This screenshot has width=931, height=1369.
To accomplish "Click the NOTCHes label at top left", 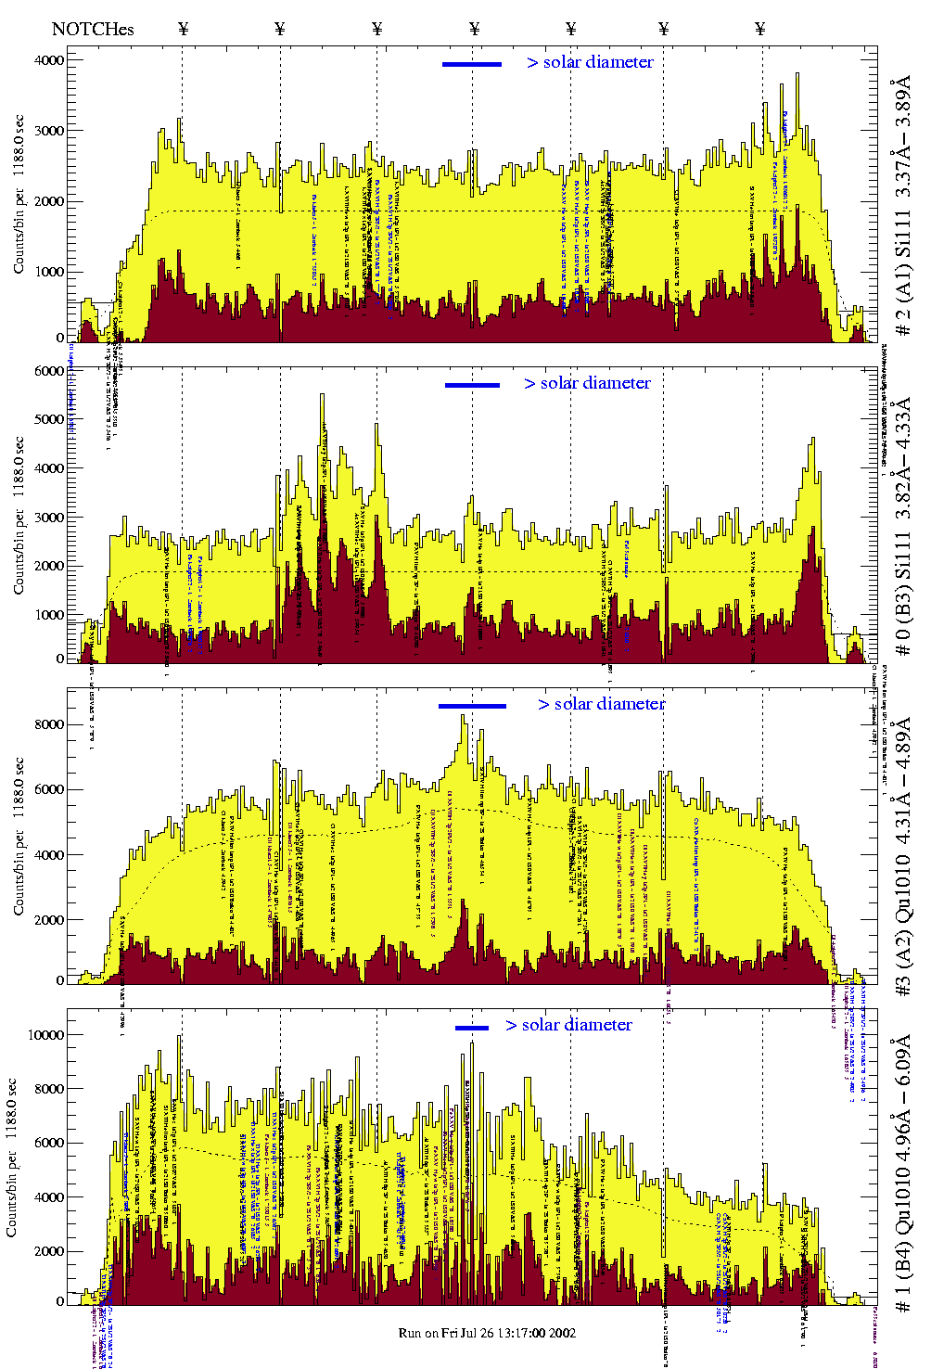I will [x=93, y=29].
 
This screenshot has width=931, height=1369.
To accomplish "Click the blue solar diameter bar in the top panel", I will [x=472, y=64].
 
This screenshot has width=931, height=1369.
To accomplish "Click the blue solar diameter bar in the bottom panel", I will [x=472, y=1028].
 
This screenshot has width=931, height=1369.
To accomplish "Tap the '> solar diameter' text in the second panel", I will [x=587, y=383].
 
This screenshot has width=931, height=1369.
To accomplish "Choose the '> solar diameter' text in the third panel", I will [x=601, y=704].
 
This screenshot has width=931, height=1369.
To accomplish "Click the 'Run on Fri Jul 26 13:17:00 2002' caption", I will [x=487, y=1333].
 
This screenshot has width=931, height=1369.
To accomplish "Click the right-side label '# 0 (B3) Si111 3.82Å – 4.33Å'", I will [x=902, y=526].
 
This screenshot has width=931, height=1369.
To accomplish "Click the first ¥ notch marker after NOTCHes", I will [x=183, y=29].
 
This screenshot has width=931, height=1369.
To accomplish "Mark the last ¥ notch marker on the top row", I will [x=760, y=29].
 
